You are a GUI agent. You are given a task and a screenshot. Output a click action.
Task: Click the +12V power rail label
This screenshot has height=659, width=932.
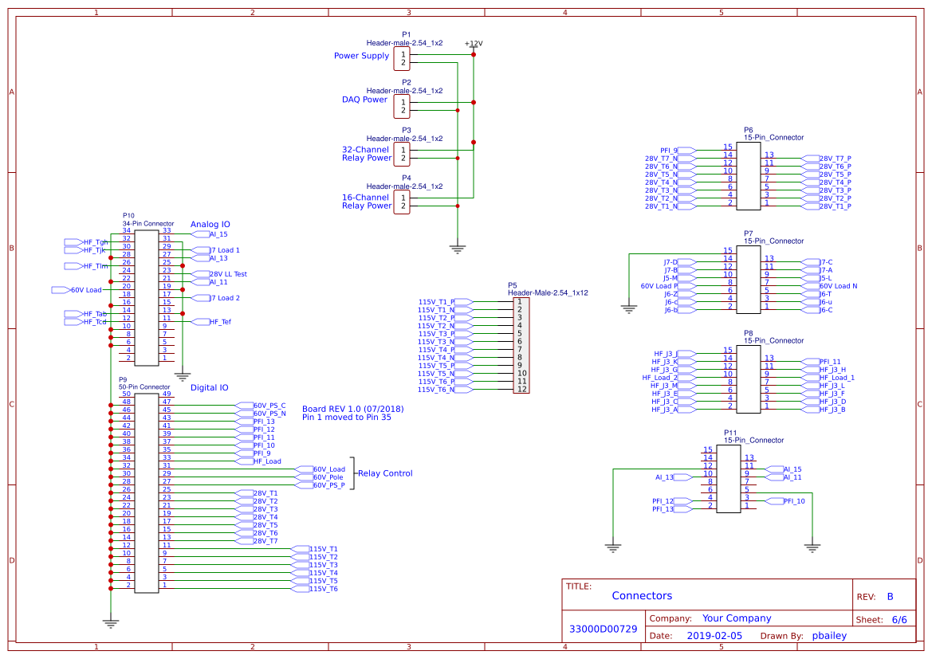(x=474, y=43)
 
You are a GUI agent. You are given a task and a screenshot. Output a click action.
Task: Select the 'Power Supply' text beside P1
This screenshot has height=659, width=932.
(x=361, y=56)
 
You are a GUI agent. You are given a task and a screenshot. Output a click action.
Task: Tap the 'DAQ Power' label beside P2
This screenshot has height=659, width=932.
(x=364, y=100)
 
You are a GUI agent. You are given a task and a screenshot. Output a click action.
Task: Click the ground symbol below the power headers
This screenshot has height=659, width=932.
(x=457, y=248)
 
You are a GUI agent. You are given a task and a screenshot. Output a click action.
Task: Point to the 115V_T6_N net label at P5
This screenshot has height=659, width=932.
(x=436, y=390)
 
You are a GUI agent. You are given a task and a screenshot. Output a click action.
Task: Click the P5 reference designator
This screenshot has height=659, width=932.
(x=513, y=284)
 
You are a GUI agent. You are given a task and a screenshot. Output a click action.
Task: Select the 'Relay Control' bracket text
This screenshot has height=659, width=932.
(x=385, y=473)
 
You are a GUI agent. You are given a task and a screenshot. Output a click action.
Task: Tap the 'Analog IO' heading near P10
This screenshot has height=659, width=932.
(x=210, y=225)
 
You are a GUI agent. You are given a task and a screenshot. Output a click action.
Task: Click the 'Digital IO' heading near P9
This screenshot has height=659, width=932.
(x=209, y=388)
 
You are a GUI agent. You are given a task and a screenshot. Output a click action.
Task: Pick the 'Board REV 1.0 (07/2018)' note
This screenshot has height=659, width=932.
(x=352, y=410)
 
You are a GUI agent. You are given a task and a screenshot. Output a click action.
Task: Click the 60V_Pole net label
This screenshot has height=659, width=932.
(x=328, y=477)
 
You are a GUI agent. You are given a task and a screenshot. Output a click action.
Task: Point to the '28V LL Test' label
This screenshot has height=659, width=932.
(x=228, y=274)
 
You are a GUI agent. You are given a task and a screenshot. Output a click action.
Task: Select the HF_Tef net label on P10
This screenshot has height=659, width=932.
(x=220, y=322)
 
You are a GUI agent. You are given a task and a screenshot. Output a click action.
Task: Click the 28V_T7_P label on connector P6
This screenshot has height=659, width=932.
(x=836, y=159)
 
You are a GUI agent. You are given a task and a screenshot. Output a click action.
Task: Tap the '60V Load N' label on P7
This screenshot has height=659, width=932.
(x=838, y=286)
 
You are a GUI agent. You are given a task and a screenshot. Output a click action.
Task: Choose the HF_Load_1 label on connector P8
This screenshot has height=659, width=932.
(x=836, y=378)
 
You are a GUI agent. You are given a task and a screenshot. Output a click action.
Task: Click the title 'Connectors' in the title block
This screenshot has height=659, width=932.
(x=642, y=596)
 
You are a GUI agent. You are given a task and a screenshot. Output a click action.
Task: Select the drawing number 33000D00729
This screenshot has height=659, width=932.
(x=603, y=629)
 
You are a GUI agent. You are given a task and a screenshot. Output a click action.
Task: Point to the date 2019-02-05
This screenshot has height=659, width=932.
(x=714, y=636)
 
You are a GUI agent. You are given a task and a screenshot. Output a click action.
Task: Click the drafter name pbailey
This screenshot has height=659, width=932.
(x=829, y=636)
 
